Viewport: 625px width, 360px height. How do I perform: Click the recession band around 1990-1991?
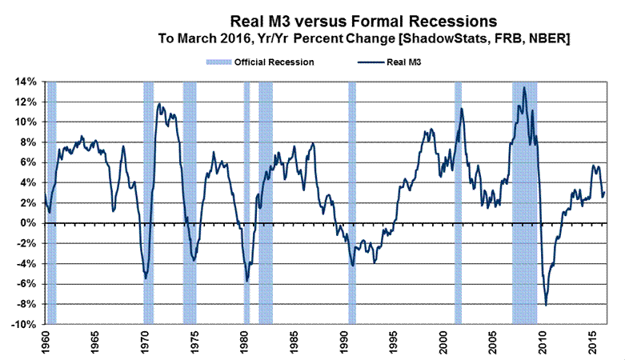pyautogui.click(x=352, y=200)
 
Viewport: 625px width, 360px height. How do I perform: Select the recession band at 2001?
pyautogui.click(x=459, y=200)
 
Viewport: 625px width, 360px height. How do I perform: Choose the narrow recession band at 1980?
pyautogui.click(x=246, y=200)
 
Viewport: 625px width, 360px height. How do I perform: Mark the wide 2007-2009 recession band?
pyautogui.click(x=524, y=200)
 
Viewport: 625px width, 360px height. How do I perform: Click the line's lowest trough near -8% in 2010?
pyautogui.click(x=546, y=306)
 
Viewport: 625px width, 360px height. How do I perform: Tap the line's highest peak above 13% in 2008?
pyautogui.click(x=523, y=87)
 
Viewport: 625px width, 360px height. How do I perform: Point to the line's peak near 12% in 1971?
pyautogui.click(x=159, y=103)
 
